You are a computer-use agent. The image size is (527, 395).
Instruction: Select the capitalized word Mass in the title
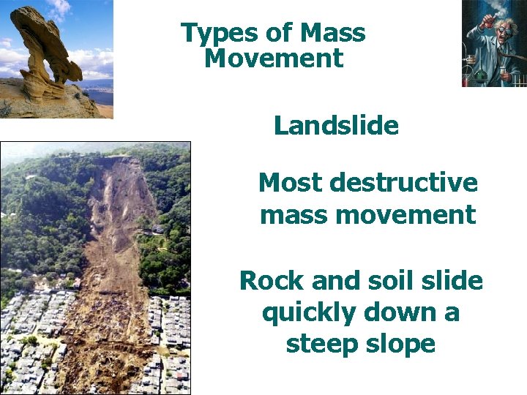click(334, 34)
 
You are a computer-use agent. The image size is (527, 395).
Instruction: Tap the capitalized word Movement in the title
click(274, 59)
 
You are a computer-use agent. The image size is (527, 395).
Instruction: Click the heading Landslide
click(336, 126)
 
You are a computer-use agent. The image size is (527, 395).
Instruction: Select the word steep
click(320, 344)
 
